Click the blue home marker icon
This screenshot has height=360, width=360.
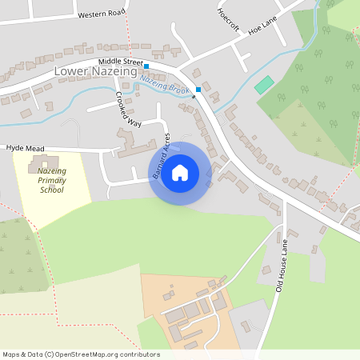point(180,172)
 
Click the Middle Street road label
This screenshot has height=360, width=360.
point(120,62)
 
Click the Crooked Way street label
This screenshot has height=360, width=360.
point(127,111)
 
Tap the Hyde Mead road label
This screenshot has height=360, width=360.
point(24,148)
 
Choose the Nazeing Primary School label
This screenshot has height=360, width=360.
point(50,182)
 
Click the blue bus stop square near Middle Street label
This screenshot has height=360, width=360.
point(146,65)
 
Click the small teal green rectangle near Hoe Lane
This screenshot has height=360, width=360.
point(263,84)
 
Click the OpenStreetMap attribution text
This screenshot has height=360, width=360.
point(81,354)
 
